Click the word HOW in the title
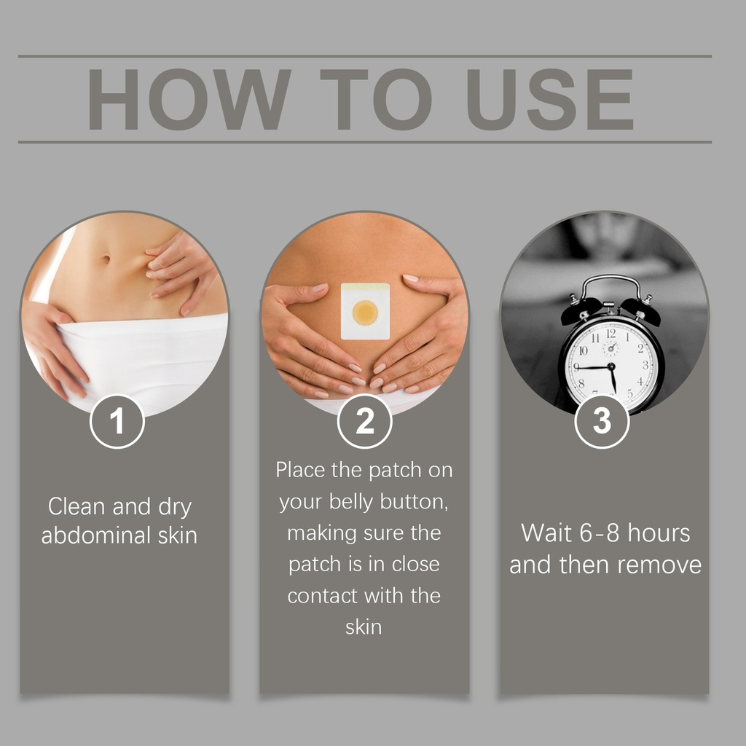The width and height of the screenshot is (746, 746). click(189, 99)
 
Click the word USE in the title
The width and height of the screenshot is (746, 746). click(551, 99)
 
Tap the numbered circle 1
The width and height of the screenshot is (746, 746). click(117, 421)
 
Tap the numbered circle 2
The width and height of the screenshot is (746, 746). click(365, 421)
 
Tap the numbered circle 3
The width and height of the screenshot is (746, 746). click(602, 421)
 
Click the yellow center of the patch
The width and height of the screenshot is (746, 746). click(365, 313)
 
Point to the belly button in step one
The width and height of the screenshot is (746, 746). click(106, 259)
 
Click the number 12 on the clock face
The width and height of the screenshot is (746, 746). click(611, 333)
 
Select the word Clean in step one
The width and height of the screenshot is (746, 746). click(76, 506)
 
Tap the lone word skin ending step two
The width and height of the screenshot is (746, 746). click(364, 627)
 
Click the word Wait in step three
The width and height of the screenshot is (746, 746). click(546, 533)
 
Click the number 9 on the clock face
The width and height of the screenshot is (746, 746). click(577, 367)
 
